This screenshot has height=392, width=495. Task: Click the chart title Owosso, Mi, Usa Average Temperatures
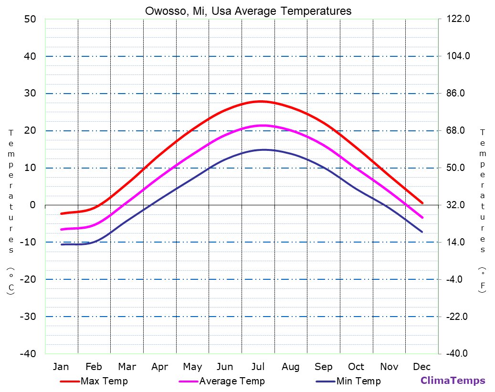pyautogui.click(x=248, y=11)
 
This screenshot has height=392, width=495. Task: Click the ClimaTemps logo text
pyautogui.click(x=453, y=381)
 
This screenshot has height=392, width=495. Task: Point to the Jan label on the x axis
pyautogui.click(x=61, y=367)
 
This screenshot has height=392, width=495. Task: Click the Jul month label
pyautogui.click(x=258, y=367)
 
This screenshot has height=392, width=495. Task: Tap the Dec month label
pyautogui.click(x=422, y=367)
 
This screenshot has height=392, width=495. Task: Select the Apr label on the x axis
pyautogui.click(x=159, y=367)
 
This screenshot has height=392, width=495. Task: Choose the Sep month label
pyautogui.click(x=324, y=367)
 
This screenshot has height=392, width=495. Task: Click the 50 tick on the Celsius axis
pyautogui.click(x=30, y=19)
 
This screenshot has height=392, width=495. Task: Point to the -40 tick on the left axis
pyautogui.click(x=27, y=354)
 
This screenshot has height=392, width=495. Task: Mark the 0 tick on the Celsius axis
pyautogui.click(x=32, y=205)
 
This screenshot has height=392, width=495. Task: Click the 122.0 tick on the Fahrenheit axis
pyautogui.click(x=458, y=19)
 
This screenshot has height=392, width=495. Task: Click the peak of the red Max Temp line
pyautogui.click(x=261, y=101)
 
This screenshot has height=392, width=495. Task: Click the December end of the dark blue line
pyautogui.click(x=422, y=232)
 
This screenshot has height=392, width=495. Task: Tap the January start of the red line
pyautogui.click(x=61, y=213)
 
